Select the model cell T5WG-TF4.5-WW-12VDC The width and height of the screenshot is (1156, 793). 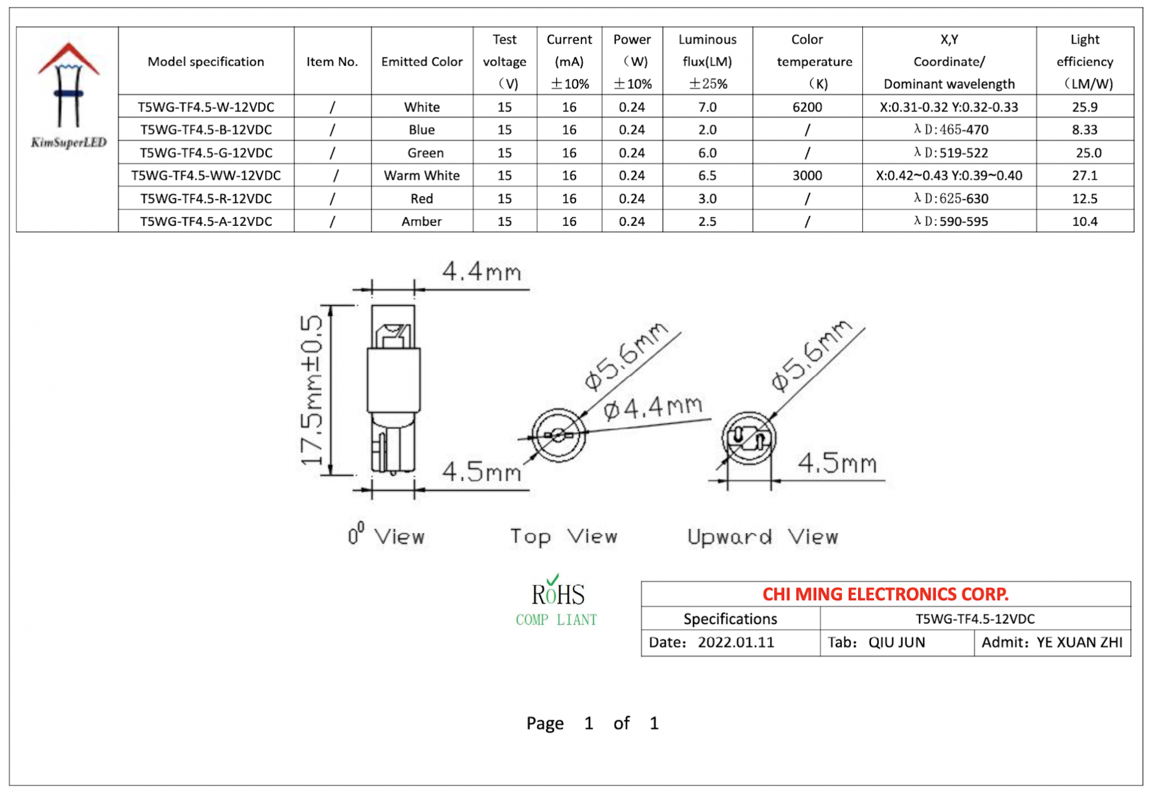click(206, 176)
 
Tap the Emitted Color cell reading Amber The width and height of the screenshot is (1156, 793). click(421, 222)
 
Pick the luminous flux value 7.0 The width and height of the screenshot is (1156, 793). click(706, 107)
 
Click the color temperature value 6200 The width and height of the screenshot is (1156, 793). click(806, 107)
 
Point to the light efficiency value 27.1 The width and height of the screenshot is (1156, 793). click(1084, 176)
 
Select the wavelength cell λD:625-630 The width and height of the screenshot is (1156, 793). click(950, 199)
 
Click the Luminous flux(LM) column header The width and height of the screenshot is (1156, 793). click(706, 61)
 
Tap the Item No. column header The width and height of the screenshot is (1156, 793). click(332, 62)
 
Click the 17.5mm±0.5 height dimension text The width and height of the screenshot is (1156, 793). click(311, 390)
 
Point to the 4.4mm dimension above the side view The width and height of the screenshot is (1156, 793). click(481, 272)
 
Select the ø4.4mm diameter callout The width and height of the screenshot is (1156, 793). click(652, 408)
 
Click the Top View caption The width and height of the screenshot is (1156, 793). click(563, 536)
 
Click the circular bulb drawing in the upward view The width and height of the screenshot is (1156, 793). click(748, 438)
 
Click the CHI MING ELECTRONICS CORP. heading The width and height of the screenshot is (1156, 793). click(885, 594)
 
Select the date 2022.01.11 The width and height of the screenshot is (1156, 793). click(735, 642)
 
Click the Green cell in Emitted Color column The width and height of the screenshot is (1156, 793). click(424, 153)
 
